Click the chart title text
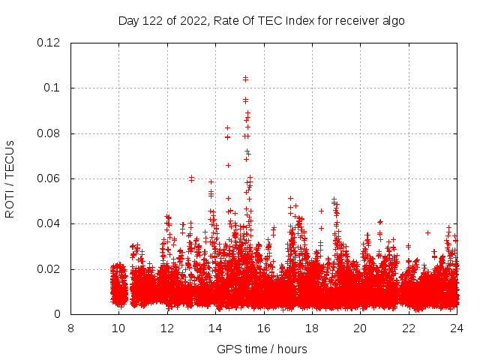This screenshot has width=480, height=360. point(262,20)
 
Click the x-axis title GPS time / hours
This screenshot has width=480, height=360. point(262,349)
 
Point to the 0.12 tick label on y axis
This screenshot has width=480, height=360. point(49,43)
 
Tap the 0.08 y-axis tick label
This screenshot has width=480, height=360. point(49,133)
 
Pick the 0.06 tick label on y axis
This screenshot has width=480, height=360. point(49,178)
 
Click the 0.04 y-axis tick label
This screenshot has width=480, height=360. point(49,223)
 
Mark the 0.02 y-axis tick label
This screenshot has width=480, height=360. point(49,269)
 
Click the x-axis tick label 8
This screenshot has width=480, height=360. point(70,328)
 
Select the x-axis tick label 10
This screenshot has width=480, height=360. point(118,328)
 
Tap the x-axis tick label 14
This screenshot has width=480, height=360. point(215,328)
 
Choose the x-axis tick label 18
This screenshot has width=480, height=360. point(312,328)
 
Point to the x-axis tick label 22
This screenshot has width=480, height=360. point(409,328)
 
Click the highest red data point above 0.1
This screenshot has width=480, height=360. point(245,78)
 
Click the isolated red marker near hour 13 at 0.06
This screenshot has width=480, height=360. point(191,178)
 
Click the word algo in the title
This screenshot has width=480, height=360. point(392,20)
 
